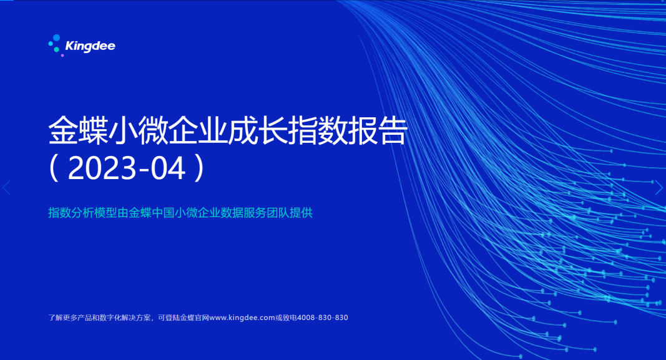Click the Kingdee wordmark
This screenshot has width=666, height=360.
90,46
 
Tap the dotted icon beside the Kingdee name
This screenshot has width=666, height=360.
55,45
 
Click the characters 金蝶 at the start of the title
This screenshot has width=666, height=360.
78,131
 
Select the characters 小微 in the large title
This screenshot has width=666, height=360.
138,131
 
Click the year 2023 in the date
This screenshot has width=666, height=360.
102,168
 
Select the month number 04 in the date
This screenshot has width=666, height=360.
168,168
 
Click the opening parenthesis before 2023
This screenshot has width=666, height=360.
54,168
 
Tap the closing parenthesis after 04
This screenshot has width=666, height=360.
200,168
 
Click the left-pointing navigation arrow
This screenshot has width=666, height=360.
6,188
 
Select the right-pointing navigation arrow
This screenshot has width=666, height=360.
659,188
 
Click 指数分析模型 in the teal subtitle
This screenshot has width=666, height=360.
82,213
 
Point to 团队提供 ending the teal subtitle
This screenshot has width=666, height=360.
290,213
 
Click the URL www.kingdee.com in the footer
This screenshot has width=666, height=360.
242,318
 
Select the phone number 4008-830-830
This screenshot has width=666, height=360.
322,318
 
